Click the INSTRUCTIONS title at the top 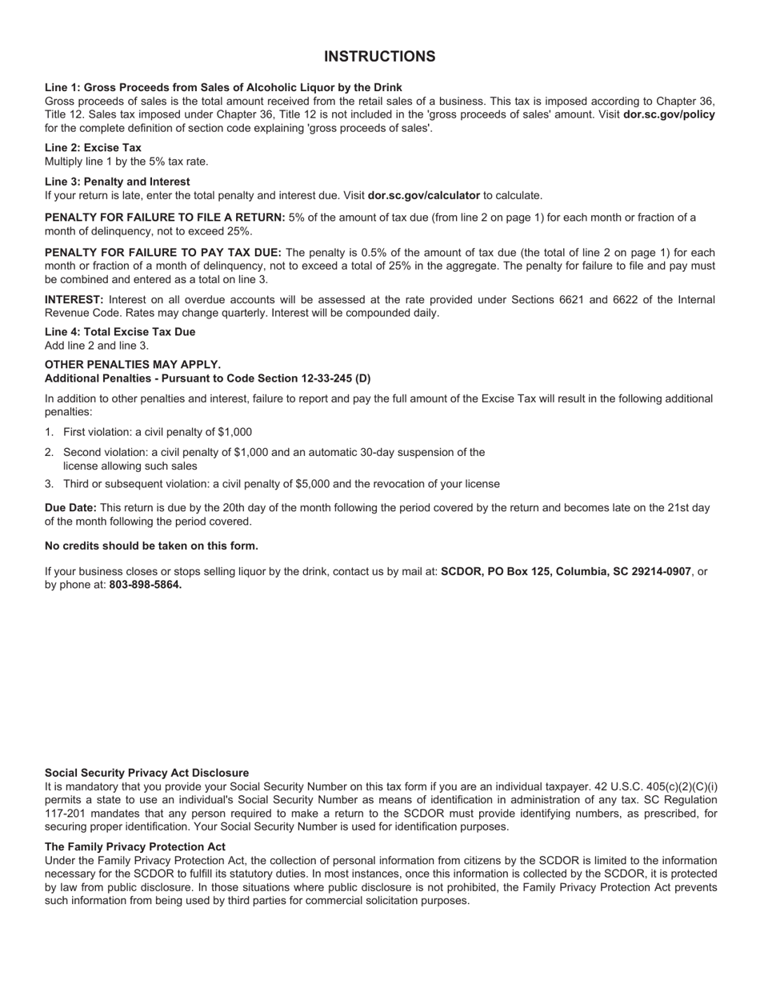379,57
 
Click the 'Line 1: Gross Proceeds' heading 223,87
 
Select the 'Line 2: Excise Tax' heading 93,147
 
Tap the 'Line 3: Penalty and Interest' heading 117,182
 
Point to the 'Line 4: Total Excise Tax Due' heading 120,332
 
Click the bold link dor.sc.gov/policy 669,114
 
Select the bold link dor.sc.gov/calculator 423,195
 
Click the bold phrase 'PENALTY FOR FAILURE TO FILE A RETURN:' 165,218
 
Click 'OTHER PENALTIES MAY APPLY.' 133,365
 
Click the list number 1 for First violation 49,432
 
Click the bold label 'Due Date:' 70,508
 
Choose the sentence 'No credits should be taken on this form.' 151,546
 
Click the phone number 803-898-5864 146,585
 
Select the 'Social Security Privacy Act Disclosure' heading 146,774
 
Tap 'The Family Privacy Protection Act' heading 134,847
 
